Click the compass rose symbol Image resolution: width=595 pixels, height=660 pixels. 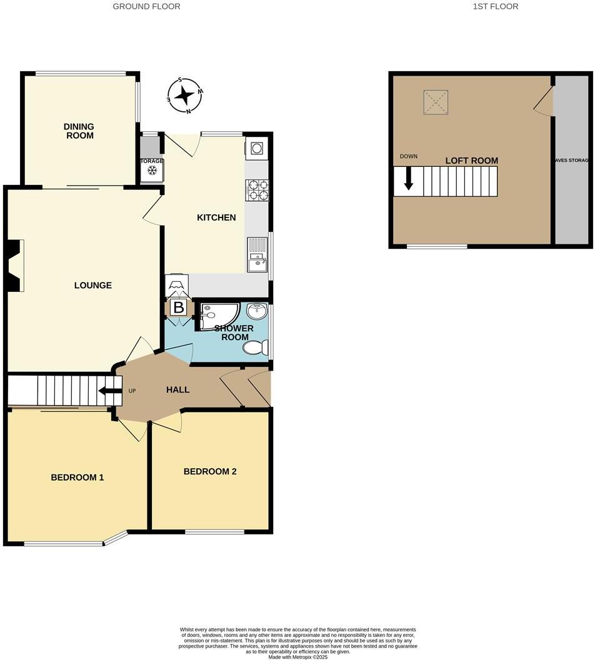pyautogui.click(x=185, y=96)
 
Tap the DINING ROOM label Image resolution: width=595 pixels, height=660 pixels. pyautogui.click(x=79, y=131)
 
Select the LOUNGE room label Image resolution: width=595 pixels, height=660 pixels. pyautogui.click(x=93, y=285)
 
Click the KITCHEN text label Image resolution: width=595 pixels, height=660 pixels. pyautogui.click(x=216, y=217)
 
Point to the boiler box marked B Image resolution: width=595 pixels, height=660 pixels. pyautogui.click(x=179, y=307)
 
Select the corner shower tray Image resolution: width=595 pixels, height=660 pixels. pyautogui.click(x=214, y=314)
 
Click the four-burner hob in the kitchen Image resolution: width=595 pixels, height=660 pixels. pyautogui.click(x=257, y=190)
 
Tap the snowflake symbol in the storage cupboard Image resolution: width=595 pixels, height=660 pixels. pyautogui.click(x=152, y=171)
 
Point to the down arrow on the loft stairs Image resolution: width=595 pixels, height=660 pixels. pyautogui.click(x=409, y=179)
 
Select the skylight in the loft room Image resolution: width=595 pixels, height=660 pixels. pyautogui.click(x=436, y=102)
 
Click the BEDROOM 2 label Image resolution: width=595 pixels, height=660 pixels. pyautogui.click(x=210, y=471)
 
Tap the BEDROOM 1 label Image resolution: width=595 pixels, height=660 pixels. pyautogui.click(x=77, y=477)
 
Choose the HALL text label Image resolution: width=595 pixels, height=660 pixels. pyautogui.click(x=177, y=389)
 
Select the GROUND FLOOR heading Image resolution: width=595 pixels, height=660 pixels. pyautogui.click(x=147, y=6)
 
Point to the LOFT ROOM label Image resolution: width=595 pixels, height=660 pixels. pyautogui.click(x=471, y=161)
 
